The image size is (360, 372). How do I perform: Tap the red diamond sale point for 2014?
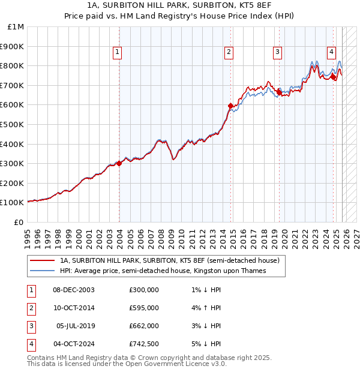(230, 106)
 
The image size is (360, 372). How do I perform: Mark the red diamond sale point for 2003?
(119, 163)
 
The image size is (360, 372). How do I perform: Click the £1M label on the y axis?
(16, 26)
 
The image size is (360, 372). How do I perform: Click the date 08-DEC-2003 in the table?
(73, 290)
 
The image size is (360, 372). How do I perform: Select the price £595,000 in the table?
(144, 308)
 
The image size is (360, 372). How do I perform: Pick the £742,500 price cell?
(144, 344)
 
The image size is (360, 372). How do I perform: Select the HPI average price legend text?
(163, 271)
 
